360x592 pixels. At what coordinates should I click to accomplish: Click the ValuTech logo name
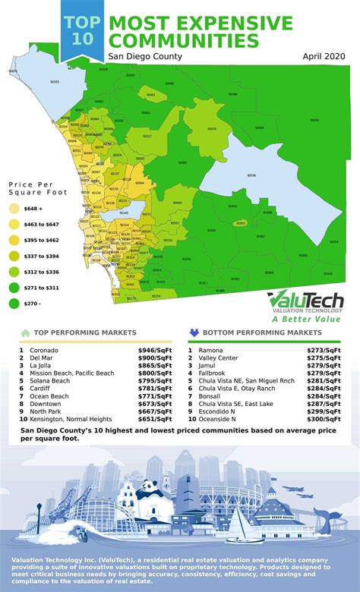308,301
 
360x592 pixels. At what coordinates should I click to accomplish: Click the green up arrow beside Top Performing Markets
25,332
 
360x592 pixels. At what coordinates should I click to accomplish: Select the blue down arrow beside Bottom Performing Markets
194,332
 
